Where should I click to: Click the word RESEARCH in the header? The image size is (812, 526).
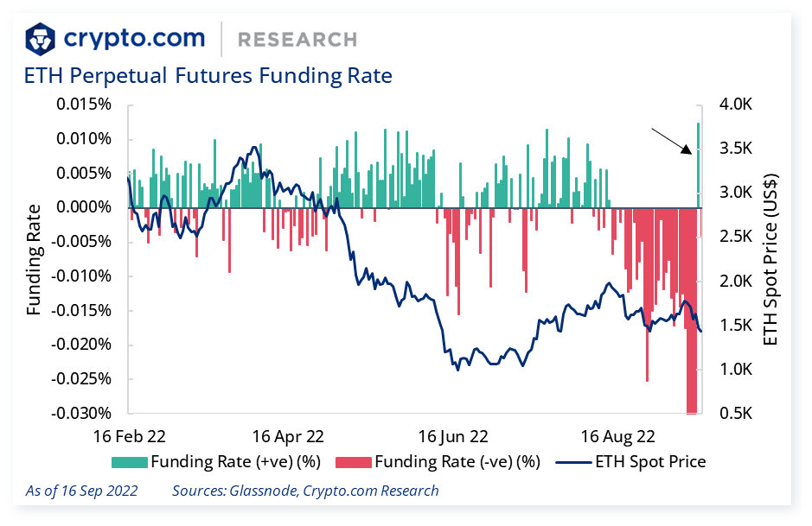(x=297, y=40)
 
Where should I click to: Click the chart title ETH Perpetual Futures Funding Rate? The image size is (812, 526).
(x=208, y=76)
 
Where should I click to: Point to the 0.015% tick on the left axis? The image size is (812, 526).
(x=84, y=105)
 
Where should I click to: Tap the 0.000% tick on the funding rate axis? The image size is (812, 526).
(x=84, y=207)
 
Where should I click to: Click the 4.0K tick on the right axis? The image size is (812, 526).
(x=738, y=105)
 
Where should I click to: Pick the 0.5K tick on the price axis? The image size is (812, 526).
(x=738, y=414)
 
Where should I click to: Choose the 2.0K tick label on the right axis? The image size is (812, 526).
(x=738, y=281)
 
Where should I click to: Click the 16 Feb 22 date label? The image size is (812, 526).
(x=130, y=434)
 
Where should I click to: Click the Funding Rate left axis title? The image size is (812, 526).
(x=34, y=259)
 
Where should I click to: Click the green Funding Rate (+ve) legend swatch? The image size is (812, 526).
(x=129, y=462)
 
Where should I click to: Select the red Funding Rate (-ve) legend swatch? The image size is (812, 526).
(x=353, y=462)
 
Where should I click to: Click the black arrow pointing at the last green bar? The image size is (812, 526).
(x=672, y=141)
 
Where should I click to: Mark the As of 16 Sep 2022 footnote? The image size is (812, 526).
(x=81, y=491)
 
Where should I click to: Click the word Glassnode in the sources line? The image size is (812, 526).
(x=265, y=491)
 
